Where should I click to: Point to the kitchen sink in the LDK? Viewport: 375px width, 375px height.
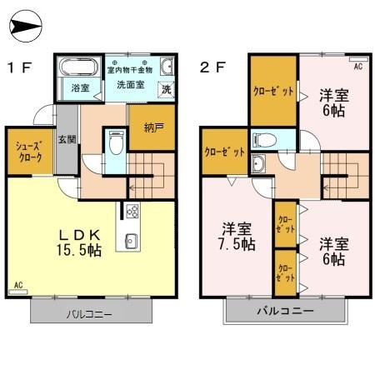click(132, 241)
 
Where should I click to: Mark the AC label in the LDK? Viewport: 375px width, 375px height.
click(18, 285)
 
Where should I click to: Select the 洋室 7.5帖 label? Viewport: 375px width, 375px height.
click(237, 236)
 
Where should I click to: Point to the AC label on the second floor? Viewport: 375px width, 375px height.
click(358, 66)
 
